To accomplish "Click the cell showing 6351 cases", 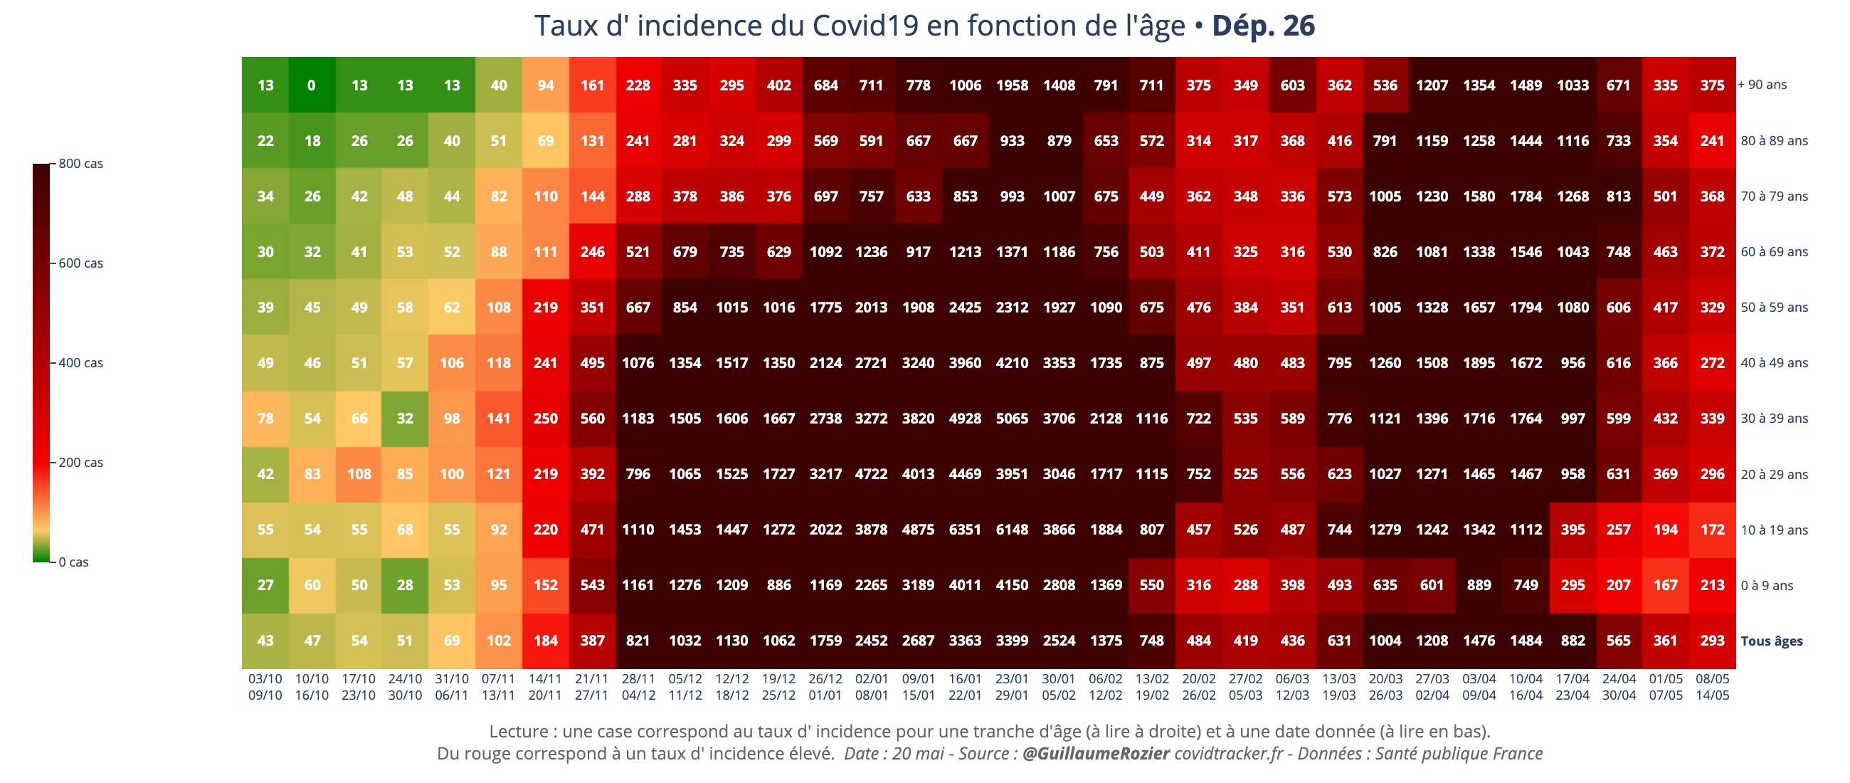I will coord(965,530).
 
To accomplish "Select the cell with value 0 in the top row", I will coord(311,85).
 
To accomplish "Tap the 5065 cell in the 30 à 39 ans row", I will coord(1011,419).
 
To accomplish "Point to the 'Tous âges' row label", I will coord(1771,641).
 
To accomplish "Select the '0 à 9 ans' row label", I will coord(1766,585).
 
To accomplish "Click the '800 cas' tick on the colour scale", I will coord(80,164).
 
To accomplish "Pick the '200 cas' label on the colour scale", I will coord(80,463).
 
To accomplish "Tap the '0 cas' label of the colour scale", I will coord(73,562).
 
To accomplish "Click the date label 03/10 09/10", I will coord(265,687).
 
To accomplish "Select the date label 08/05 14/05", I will coord(1712,687).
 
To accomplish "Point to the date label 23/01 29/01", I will coord(1011,687).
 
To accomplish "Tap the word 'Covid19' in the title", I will coord(865,26).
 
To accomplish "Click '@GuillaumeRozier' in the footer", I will coord(1095,754).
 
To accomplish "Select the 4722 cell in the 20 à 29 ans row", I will coord(871,474).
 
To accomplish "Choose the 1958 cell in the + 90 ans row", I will coord(1011,85).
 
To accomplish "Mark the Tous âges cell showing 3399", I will coord(1011,641).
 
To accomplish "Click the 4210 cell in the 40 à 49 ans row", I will coord(1011,363).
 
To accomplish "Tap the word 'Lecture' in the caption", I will coord(518,731).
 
